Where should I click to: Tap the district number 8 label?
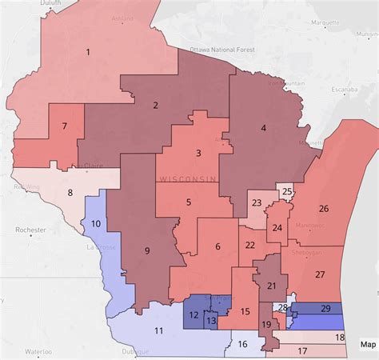(x=70, y=192)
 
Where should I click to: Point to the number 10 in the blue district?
(x=96, y=225)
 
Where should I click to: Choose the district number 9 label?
(x=146, y=250)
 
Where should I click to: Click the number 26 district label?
(x=323, y=209)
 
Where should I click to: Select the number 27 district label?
(x=320, y=274)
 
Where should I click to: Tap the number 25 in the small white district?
(x=287, y=192)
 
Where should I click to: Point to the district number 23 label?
(x=257, y=203)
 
